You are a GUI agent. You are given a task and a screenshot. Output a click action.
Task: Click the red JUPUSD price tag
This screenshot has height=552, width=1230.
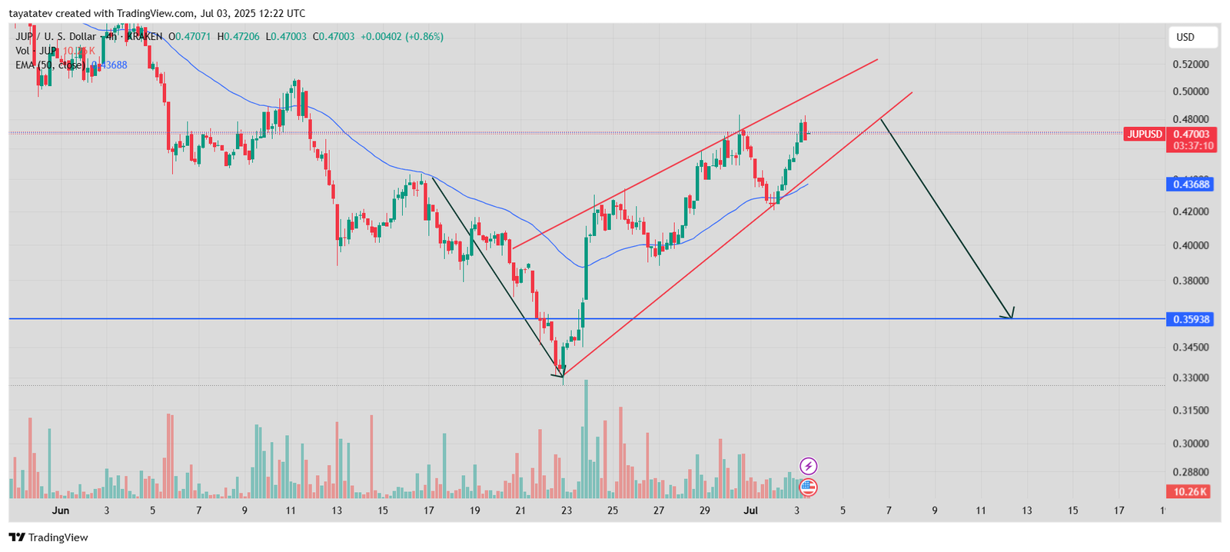1144,135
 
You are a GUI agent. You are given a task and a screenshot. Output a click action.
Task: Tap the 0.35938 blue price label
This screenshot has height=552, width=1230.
1190,319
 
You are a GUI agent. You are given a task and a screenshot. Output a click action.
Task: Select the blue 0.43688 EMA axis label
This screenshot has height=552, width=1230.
1190,185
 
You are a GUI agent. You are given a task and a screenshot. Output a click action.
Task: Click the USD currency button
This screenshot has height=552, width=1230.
1192,37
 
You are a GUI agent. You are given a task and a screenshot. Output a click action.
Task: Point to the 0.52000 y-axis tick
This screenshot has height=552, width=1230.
1190,65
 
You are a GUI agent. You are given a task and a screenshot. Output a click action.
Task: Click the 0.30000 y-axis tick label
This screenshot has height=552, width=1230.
1190,444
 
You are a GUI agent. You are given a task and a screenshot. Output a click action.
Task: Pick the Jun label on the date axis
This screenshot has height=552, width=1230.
61,510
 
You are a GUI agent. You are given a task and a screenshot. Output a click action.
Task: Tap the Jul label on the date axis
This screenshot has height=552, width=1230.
751,510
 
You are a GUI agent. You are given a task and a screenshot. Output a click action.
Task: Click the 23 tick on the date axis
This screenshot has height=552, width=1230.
567,510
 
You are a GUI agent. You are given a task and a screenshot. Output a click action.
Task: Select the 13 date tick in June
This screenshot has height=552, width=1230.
337,510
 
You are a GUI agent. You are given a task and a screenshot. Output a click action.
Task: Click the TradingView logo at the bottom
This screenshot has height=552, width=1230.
48,537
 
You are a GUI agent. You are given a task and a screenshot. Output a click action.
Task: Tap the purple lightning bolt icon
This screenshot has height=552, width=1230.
808,466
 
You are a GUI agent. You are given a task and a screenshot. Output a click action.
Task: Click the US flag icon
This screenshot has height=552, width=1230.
808,487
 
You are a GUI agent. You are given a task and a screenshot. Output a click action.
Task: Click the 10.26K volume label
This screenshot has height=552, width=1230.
1188,492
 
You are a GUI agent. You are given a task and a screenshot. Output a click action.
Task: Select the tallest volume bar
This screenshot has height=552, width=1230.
586,438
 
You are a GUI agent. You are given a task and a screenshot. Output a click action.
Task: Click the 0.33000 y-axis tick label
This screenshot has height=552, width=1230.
1190,378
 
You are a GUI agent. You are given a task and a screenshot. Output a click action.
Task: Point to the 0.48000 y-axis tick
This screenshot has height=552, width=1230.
1190,120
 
